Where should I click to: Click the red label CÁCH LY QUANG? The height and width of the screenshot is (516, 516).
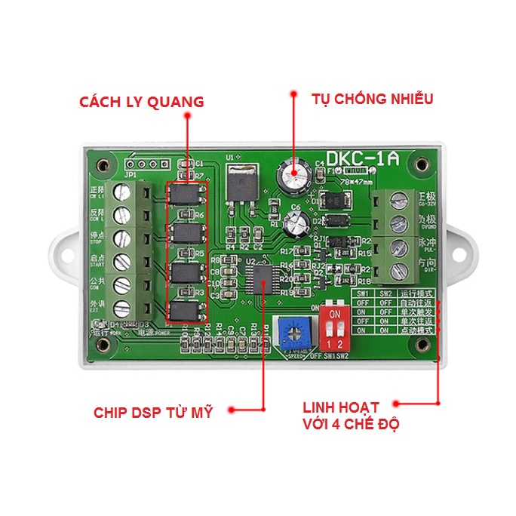pyautogui.click(x=142, y=103)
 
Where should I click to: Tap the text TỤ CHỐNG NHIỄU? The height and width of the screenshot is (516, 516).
pyautogui.click(x=372, y=98)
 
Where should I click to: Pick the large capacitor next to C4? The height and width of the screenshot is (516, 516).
pyautogui.click(x=293, y=177)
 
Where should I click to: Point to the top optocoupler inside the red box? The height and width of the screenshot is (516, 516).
pyautogui.click(x=186, y=195)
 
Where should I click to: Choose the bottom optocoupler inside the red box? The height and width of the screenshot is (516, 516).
pyautogui.click(x=186, y=310)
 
